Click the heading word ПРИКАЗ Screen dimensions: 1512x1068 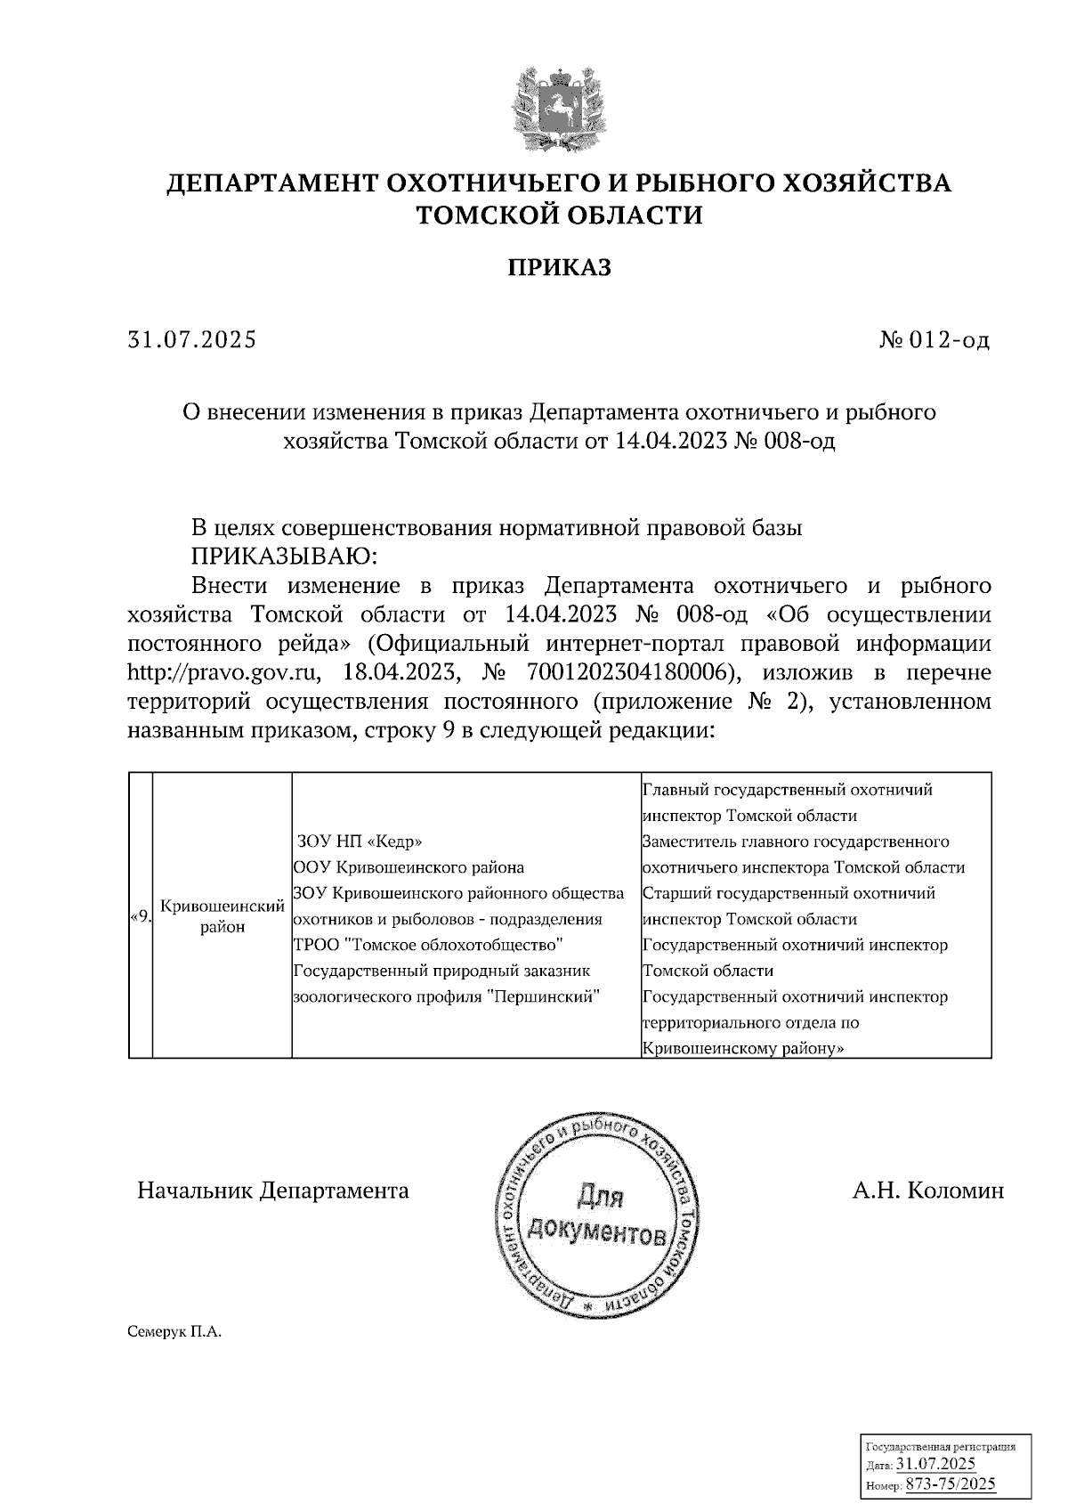560,267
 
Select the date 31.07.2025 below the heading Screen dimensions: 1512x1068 192,340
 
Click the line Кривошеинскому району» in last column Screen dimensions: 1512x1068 742,1048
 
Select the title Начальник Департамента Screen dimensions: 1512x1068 272,1191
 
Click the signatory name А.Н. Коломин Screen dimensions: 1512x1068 927,1191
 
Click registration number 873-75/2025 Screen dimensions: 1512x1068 951,1484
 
